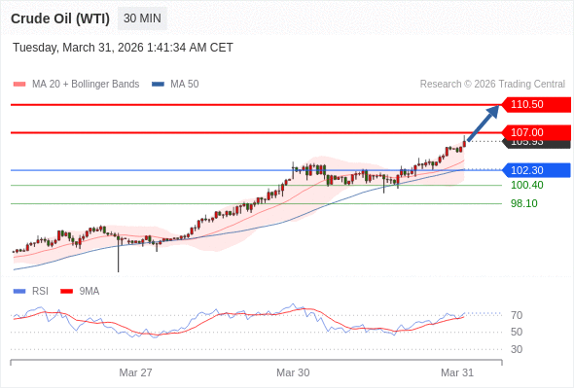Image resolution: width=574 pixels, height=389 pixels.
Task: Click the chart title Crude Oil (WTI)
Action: [60, 18]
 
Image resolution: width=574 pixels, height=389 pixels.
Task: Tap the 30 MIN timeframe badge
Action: [143, 18]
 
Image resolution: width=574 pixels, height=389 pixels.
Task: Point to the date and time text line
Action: [123, 48]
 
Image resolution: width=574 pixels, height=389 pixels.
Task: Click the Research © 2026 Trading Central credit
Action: [492, 85]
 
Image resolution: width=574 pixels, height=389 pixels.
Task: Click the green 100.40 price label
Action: [526, 185]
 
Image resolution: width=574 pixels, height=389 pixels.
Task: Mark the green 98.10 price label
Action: [523, 203]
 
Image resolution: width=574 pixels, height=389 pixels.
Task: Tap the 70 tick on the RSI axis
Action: [517, 315]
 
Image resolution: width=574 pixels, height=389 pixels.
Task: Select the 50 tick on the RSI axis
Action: [517, 332]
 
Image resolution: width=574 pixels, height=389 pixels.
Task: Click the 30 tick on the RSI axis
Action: [517, 349]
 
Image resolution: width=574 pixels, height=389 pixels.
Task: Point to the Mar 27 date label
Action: [136, 372]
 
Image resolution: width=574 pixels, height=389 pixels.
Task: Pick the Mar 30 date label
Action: [293, 372]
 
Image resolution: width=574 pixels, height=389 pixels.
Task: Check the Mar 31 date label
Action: [457, 372]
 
